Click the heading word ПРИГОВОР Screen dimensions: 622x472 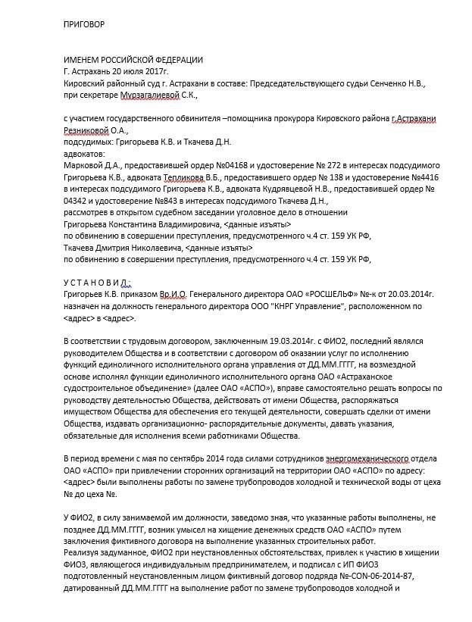(x=84, y=24)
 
